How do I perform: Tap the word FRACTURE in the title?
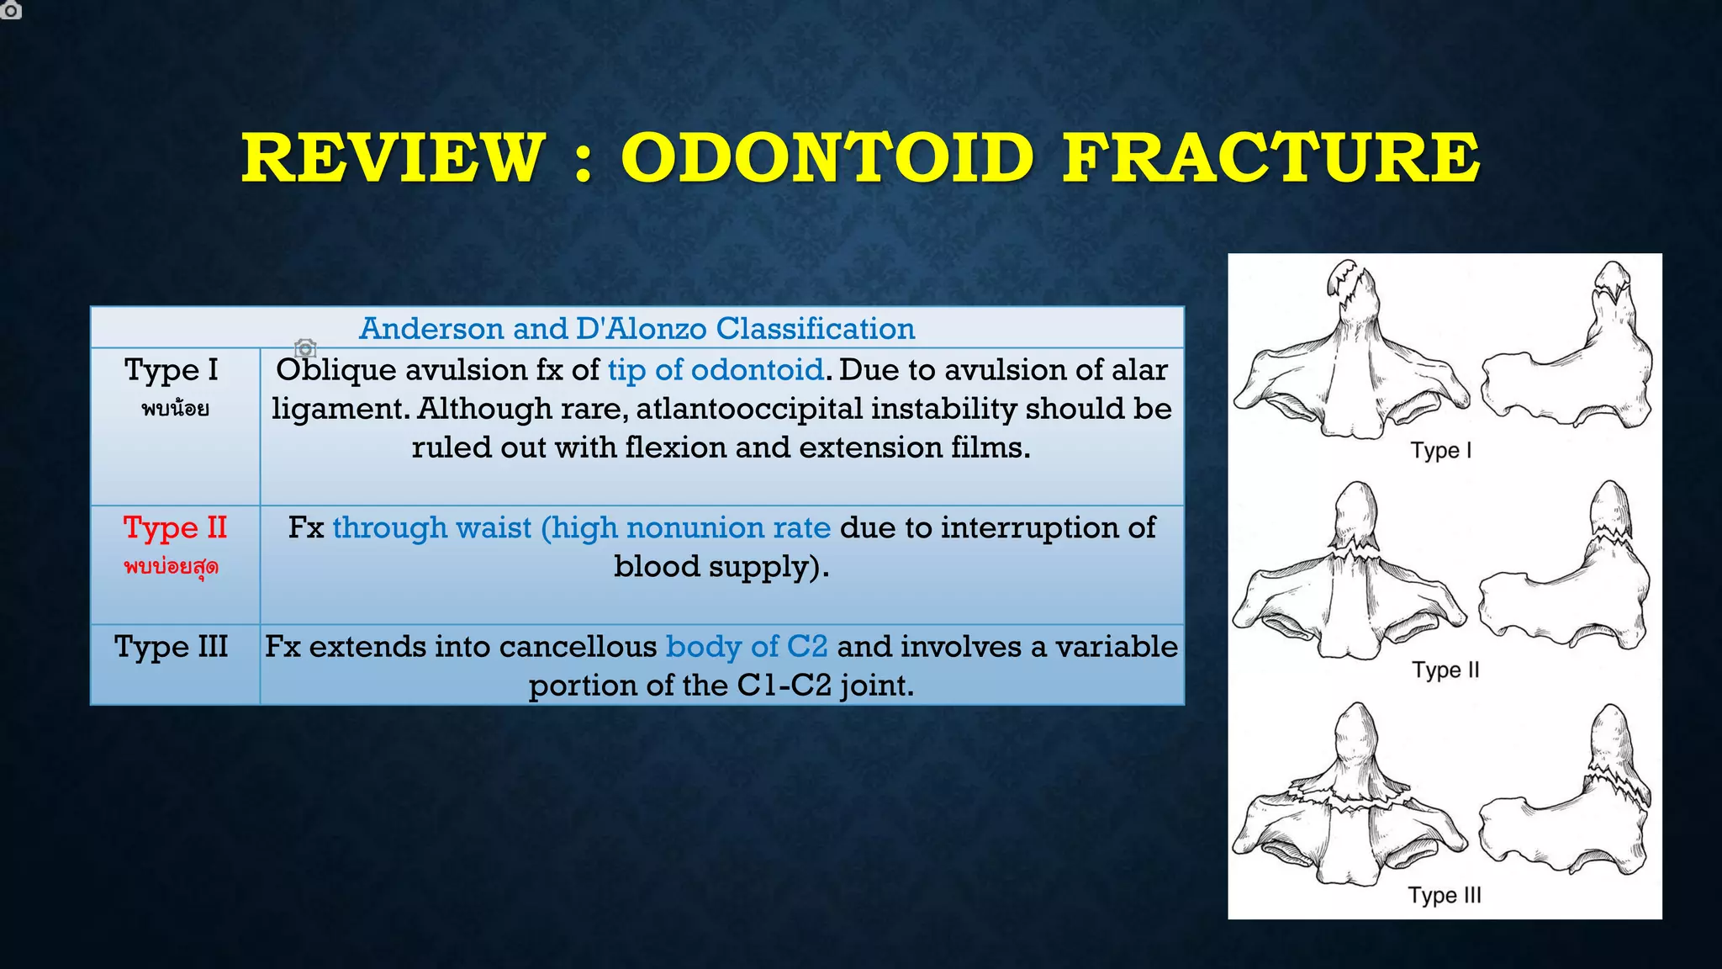[1270, 157]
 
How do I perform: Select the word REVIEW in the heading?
[394, 157]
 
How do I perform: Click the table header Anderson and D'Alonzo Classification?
[637, 328]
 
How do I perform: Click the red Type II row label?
[175, 528]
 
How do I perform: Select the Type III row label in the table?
[172, 647]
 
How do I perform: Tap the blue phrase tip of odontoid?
[716, 370]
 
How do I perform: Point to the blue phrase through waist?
[432, 528]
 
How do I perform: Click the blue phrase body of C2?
[747, 647]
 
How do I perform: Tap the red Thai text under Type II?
[172, 566]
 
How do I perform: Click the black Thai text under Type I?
[175, 410]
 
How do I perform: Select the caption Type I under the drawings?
[1441, 451]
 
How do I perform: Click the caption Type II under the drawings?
[1445, 670]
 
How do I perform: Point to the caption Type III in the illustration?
[1445, 895]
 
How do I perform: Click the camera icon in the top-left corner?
[10, 10]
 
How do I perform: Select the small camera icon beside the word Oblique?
[305, 347]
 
